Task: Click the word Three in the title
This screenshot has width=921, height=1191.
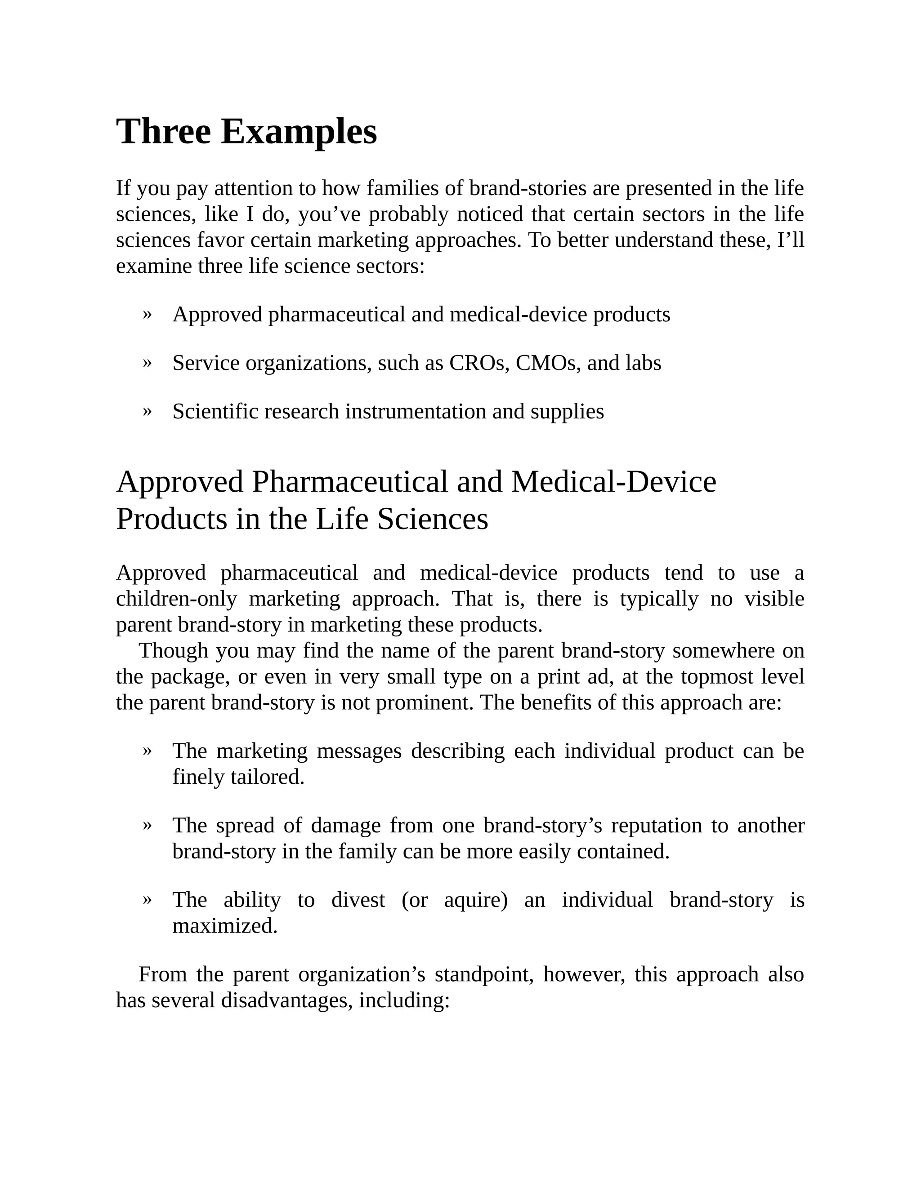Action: pos(163,132)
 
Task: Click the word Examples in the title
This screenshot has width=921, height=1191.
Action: pos(299,132)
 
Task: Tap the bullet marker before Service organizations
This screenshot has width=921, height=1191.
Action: pos(146,362)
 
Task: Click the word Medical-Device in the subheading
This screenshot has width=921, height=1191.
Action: pos(613,482)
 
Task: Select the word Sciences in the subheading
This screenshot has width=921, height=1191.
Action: pos(433,519)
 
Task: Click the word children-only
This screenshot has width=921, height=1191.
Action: pos(176,599)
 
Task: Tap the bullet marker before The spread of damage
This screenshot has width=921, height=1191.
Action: pos(146,825)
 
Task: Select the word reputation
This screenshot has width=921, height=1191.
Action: pos(656,826)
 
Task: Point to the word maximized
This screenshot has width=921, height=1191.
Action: pos(225,926)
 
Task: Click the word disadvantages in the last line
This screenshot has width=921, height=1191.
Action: pos(286,1001)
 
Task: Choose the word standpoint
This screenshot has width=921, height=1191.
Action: pos(483,974)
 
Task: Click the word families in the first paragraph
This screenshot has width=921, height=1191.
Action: pos(403,189)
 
